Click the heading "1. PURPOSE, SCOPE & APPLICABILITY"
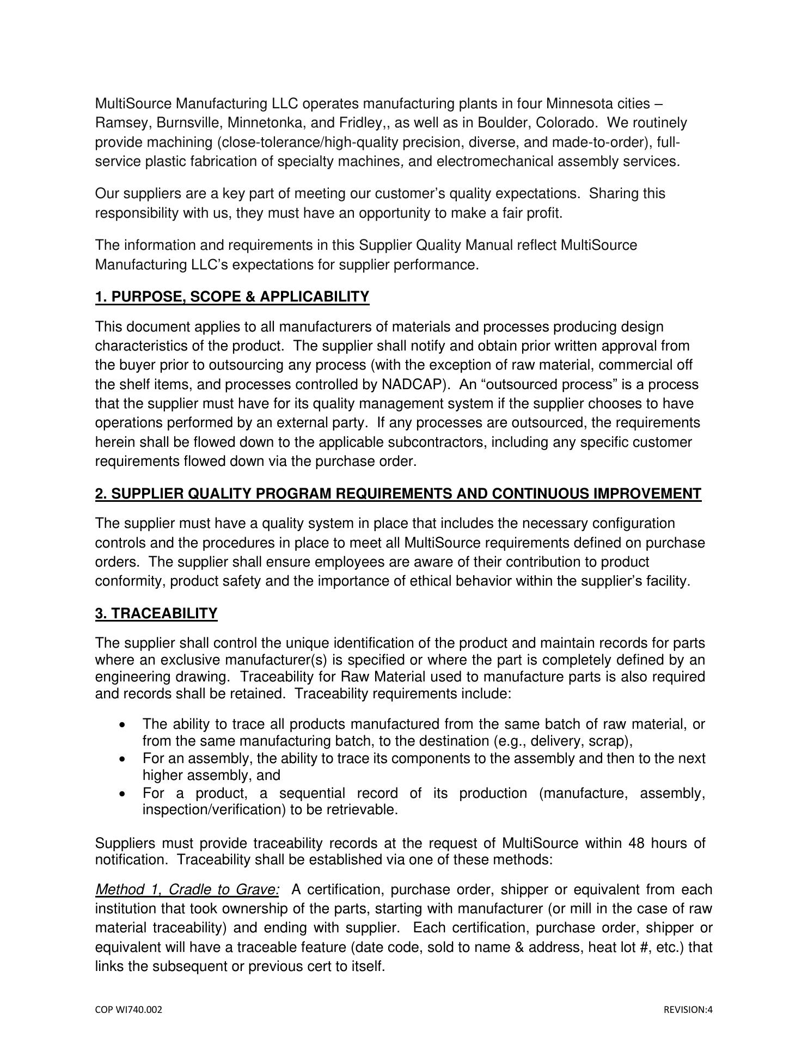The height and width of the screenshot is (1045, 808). pyautogui.click(x=232, y=297)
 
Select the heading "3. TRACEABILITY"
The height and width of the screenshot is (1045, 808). pyautogui.click(x=156, y=613)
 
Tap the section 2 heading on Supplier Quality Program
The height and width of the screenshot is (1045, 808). pyautogui.click(x=398, y=494)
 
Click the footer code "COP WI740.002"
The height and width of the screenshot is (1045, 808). pyautogui.click(x=128, y=1010)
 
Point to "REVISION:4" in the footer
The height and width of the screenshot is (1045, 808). pyautogui.click(x=688, y=1010)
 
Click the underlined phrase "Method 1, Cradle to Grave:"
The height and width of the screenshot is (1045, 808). pyautogui.click(x=187, y=890)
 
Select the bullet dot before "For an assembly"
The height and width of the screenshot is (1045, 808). pyautogui.click(x=124, y=759)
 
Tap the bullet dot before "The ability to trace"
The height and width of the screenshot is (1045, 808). pyautogui.click(x=124, y=724)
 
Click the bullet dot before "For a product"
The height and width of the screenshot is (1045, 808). pyautogui.click(x=124, y=794)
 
